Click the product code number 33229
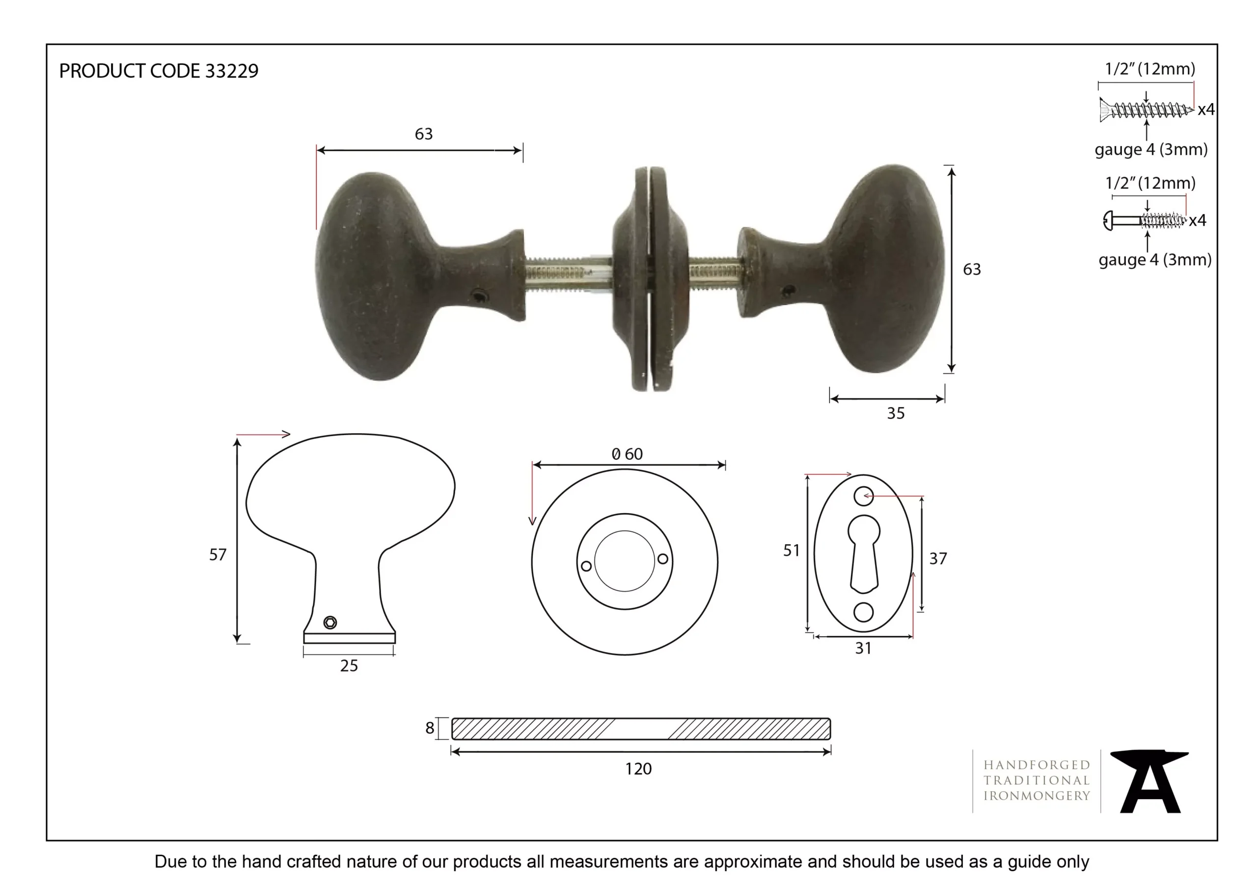tap(231, 71)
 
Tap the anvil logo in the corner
tap(1148, 782)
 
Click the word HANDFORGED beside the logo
tap(1037, 765)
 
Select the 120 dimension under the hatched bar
tap(638, 769)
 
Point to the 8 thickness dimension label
tap(430, 728)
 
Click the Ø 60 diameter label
tap(628, 454)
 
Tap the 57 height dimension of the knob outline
tap(218, 555)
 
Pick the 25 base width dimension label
tap(349, 666)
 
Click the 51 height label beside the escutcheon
tap(791, 550)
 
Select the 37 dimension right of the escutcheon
tap(938, 559)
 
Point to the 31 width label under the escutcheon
tap(863, 649)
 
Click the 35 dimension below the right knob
tap(896, 414)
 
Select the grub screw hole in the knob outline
tap(330, 622)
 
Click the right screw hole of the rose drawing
tap(662, 559)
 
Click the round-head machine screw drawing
tap(1144, 220)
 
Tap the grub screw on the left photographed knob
tap(480, 296)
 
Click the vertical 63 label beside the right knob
tap(972, 269)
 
